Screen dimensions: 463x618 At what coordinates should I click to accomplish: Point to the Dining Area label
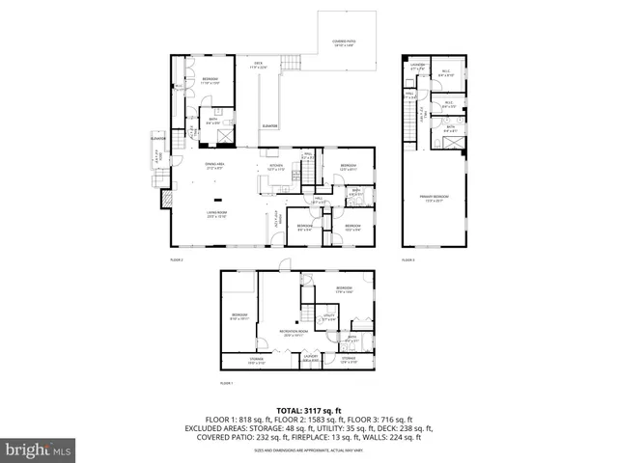click(x=214, y=165)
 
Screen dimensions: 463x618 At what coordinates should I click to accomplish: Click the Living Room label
click(x=215, y=214)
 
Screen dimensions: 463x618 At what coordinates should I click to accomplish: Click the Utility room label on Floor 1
click(x=327, y=315)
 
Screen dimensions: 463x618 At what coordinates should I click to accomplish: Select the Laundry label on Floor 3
click(x=417, y=68)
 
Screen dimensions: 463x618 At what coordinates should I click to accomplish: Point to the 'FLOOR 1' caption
click(x=227, y=383)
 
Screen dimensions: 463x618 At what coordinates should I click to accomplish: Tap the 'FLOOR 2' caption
click(x=177, y=260)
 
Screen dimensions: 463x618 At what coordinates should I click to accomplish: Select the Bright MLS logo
click(x=39, y=449)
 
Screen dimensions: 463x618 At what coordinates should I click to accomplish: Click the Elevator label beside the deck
click(x=270, y=126)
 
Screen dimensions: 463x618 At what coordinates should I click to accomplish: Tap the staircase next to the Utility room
click(x=307, y=314)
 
